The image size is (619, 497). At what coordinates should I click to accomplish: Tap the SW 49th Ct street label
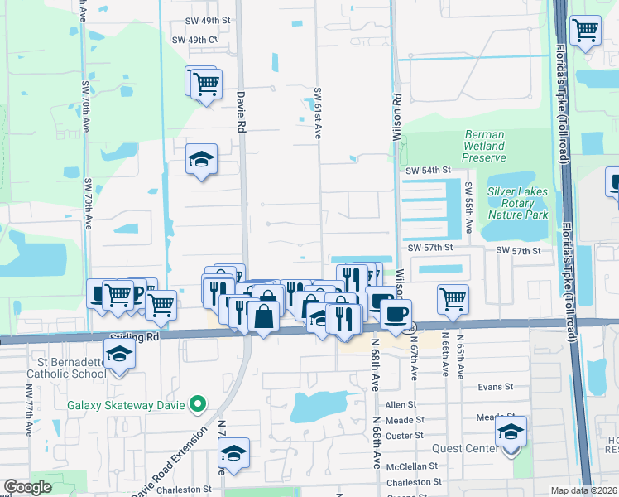[x=194, y=40]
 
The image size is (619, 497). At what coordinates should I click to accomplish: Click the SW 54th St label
[x=427, y=170]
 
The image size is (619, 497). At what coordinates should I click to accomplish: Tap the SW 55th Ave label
[x=468, y=208]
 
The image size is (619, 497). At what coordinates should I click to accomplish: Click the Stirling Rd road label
[x=133, y=338]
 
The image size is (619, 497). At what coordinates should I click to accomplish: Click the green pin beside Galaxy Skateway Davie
[x=197, y=404]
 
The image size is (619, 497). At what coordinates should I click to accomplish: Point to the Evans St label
[x=496, y=386]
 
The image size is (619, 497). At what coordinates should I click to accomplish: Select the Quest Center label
[x=469, y=450]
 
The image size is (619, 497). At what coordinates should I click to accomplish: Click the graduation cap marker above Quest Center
[x=511, y=432]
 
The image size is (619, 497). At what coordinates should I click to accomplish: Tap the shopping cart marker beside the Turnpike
[x=586, y=31]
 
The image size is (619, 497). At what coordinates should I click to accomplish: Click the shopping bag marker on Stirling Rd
[x=262, y=316]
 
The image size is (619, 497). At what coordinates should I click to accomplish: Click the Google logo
[x=28, y=488]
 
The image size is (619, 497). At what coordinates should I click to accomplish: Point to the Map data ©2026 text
[x=583, y=490]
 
